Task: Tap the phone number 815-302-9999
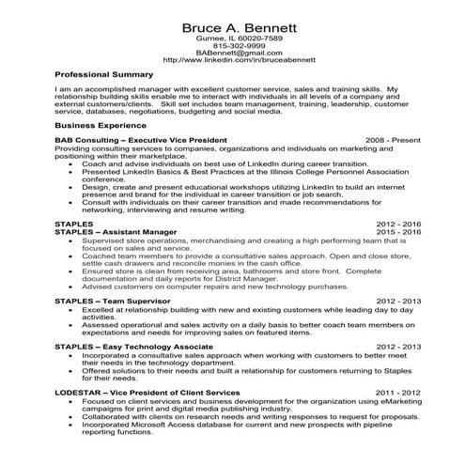tap(232, 45)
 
